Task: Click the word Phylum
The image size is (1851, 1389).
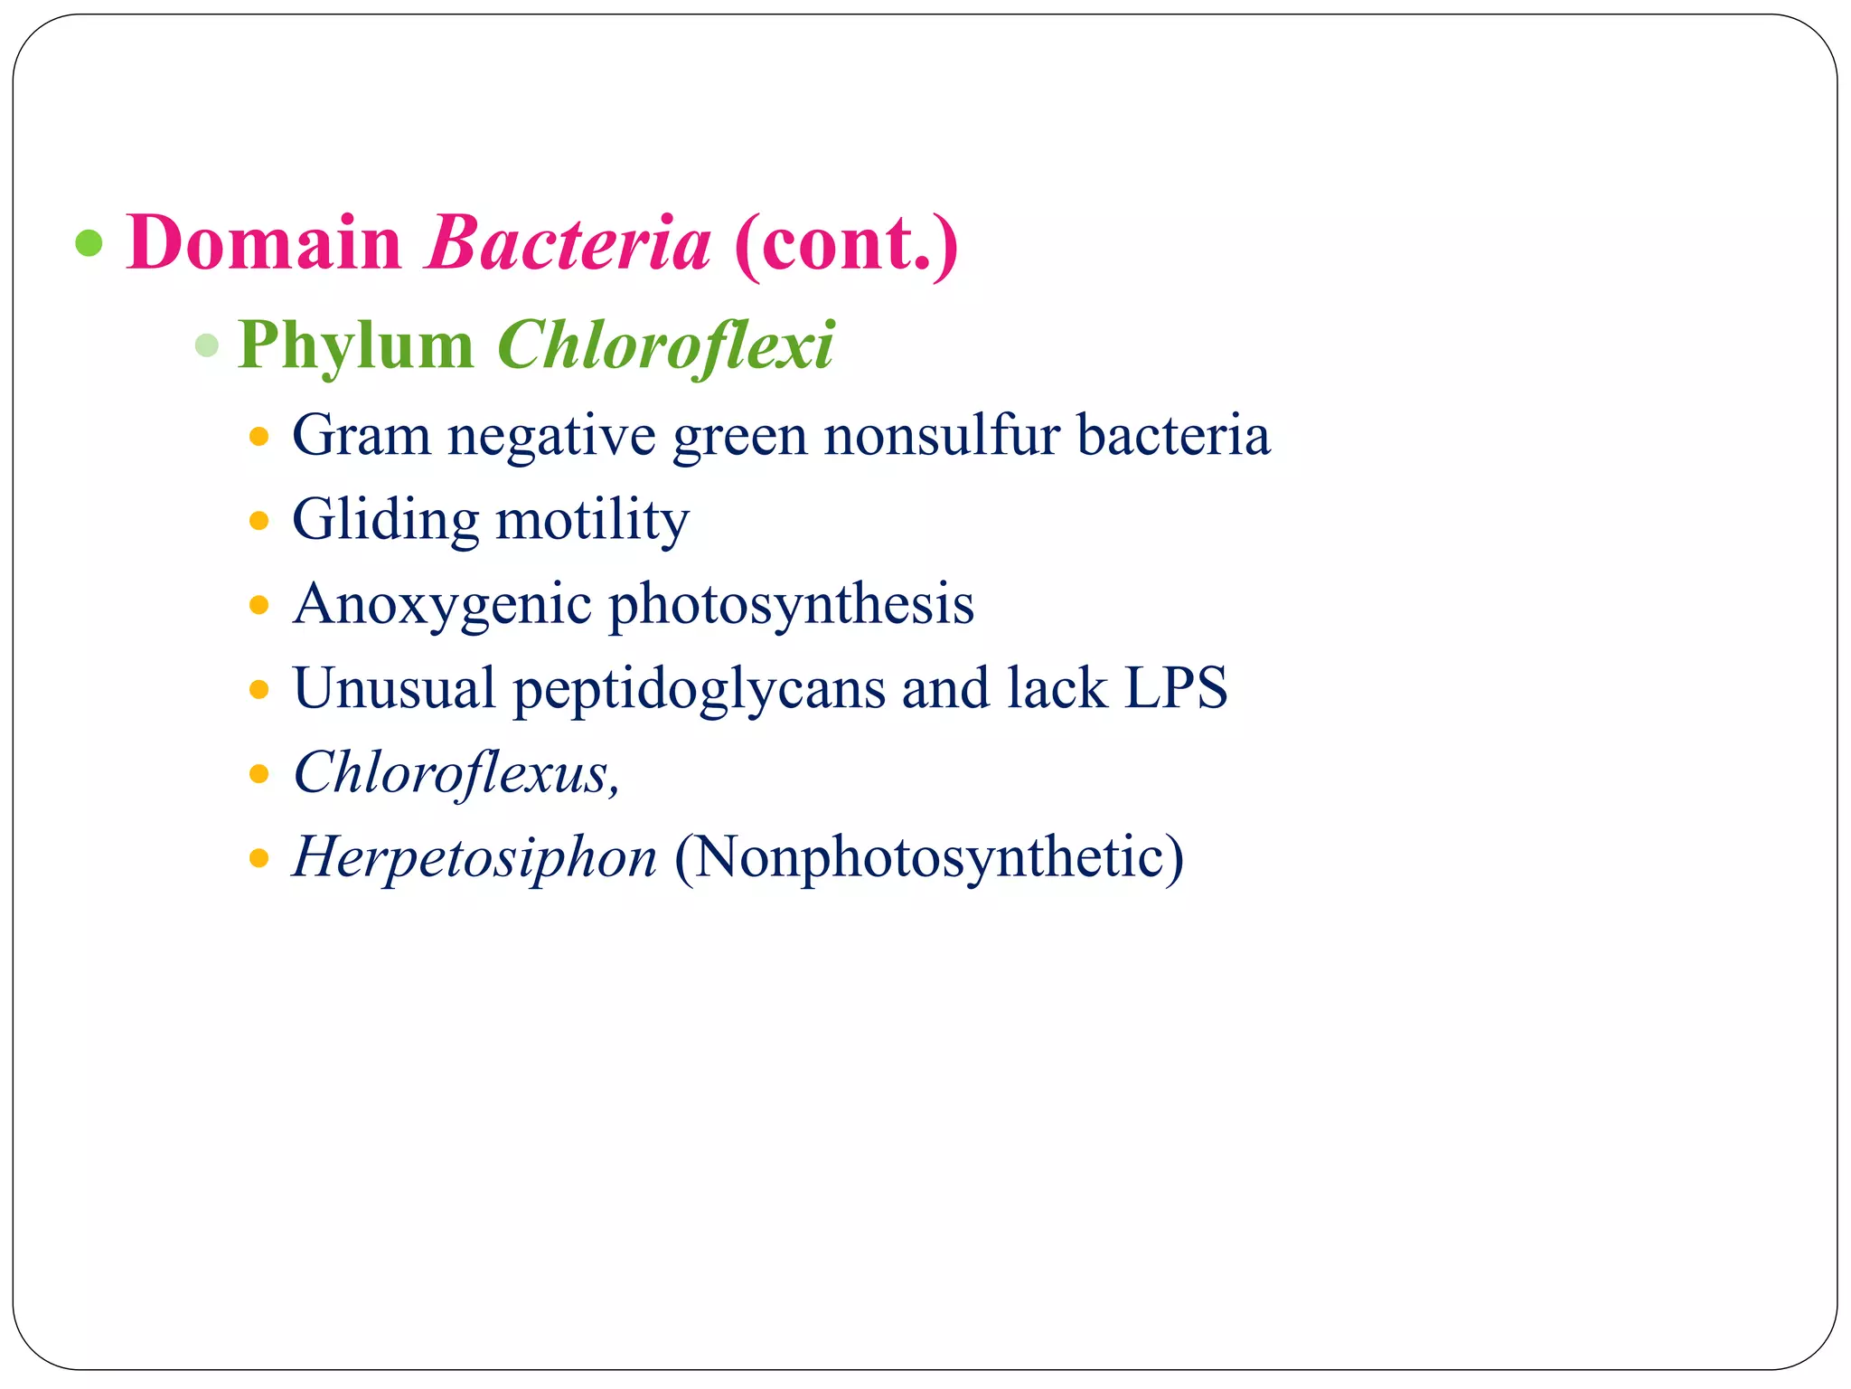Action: click(x=355, y=345)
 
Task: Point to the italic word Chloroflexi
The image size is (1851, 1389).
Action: click(x=665, y=345)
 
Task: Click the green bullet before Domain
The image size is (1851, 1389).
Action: click(x=89, y=242)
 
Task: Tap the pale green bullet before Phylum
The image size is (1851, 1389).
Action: click(x=207, y=345)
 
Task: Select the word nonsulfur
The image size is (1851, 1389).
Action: click(x=941, y=436)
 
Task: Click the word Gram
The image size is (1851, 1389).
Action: click(x=361, y=436)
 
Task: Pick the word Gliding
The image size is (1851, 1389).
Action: click(x=385, y=520)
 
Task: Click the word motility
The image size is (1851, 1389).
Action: click(x=592, y=520)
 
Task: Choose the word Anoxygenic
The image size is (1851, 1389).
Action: click(x=441, y=604)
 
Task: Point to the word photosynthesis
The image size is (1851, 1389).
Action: click(x=791, y=604)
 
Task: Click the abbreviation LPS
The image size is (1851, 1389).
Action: click(x=1176, y=687)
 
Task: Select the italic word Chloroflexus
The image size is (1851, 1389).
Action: click(x=456, y=773)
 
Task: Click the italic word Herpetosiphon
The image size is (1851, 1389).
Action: click(x=474, y=857)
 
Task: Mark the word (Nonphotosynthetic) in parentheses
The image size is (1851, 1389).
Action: click(x=928, y=857)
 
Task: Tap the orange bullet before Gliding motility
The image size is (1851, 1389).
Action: click(x=259, y=521)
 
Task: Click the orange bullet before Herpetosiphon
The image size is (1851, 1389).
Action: click(x=259, y=857)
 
